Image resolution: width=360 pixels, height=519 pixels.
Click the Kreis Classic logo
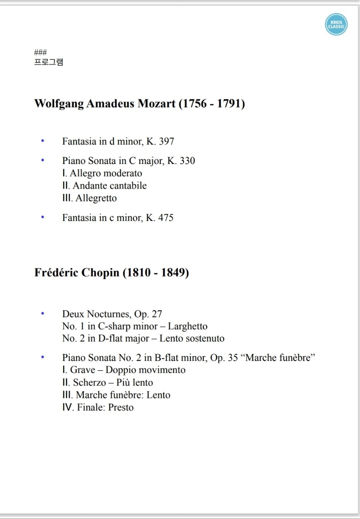(x=336, y=24)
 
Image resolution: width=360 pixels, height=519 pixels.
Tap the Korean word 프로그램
(x=49, y=62)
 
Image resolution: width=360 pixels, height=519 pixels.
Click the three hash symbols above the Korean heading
(x=40, y=52)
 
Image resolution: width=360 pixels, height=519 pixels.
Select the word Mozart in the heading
(x=156, y=104)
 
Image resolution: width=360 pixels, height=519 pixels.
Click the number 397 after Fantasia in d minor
(x=166, y=141)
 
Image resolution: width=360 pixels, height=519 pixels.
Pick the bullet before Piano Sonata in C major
(x=43, y=160)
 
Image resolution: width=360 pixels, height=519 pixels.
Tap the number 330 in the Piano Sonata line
(x=187, y=161)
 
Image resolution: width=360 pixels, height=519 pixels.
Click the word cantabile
(x=129, y=185)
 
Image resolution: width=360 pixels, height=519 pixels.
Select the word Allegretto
(x=96, y=198)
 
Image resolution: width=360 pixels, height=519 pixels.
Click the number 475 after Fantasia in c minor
(x=166, y=218)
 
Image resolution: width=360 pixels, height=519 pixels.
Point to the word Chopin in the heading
(x=100, y=273)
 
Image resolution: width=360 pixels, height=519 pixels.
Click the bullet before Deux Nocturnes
(x=43, y=313)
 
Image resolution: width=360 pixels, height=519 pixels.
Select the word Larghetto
(x=188, y=326)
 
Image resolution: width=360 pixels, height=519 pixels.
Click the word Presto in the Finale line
(x=121, y=407)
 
